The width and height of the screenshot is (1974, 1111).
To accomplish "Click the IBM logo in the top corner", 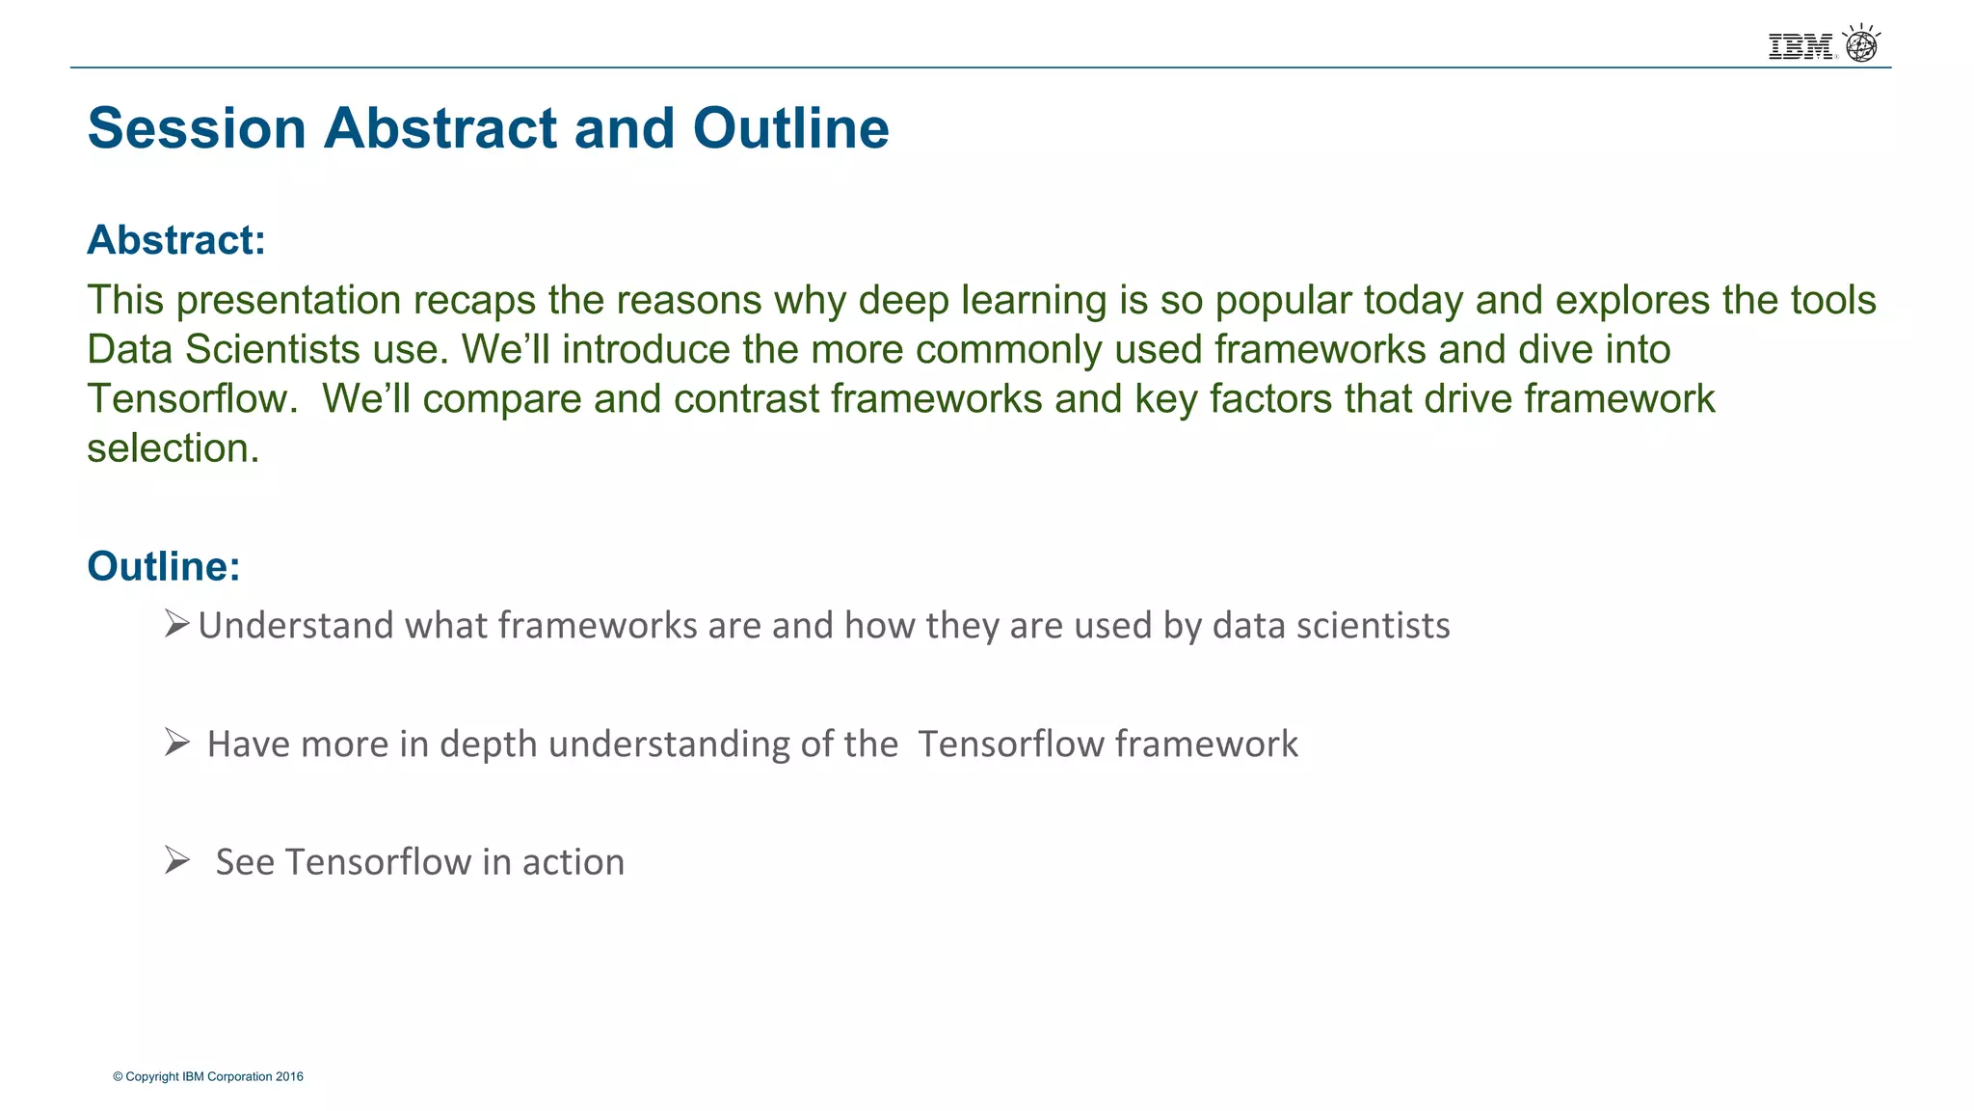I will (x=1801, y=46).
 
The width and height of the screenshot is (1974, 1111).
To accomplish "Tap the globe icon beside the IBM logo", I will (x=1861, y=44).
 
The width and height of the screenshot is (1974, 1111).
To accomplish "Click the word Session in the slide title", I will (x=197, y=128).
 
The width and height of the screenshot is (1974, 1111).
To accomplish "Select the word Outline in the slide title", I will (x=790, y=128).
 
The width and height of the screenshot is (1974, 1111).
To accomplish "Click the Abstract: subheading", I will (x=176, y=240).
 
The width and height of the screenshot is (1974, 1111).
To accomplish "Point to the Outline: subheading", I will (x=164, y=566).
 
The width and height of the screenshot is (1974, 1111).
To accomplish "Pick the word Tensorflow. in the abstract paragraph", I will (x=193, y=399).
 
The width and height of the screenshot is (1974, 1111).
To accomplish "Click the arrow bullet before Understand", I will (x=176, y=624).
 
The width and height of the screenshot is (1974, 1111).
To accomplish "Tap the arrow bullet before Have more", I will (x=176, y=742).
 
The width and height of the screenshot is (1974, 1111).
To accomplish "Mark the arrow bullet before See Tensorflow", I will (x=176, y=859).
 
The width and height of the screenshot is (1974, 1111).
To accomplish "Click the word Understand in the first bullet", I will (x=295, y=626).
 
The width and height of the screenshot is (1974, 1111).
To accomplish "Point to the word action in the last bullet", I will (x=574, y=862).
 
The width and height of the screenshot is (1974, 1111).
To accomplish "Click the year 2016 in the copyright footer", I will (x=289, y=1076).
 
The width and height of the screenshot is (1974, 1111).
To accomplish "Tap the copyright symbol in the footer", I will (x=118, y=1076).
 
